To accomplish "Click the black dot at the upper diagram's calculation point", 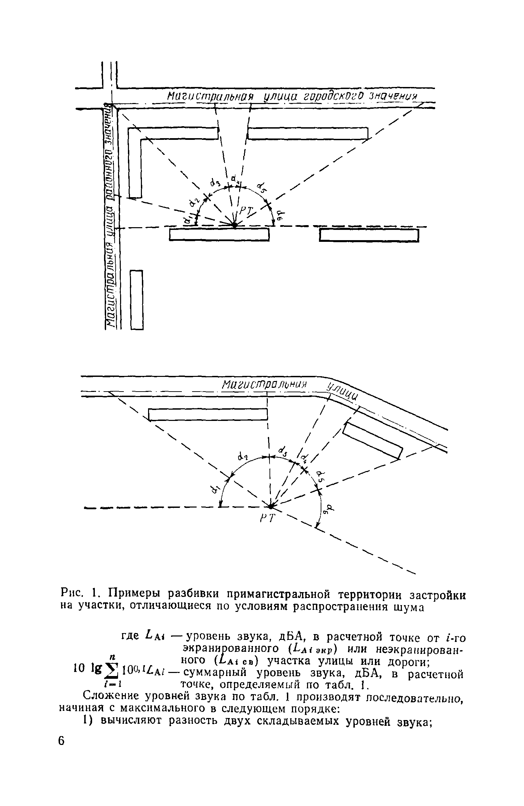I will coord(235,225).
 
